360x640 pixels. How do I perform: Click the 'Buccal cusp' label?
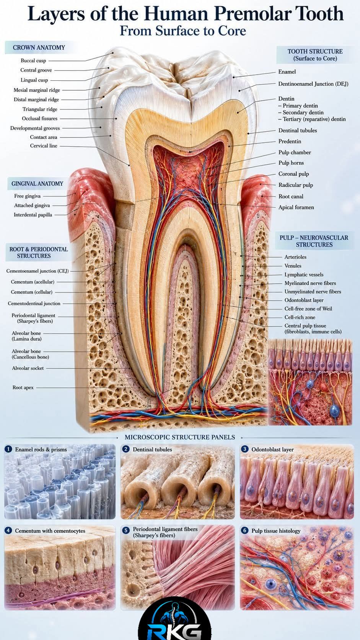[33, 60]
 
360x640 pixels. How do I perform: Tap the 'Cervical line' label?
[44, 146]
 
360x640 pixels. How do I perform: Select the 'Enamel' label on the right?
[287, 72]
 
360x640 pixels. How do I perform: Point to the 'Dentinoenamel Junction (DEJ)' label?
[313, 84]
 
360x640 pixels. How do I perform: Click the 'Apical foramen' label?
[296, 207]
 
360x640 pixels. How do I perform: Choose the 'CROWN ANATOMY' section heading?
[39, 47]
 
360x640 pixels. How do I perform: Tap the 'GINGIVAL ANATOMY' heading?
[37, 184]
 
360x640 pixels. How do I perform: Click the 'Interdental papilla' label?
[33, 215]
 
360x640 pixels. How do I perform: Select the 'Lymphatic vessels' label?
[304, 274]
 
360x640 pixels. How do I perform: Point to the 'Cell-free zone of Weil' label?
[308, 309]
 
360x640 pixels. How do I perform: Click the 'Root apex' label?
[23, 388]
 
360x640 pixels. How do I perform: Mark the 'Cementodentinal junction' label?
[34, 304]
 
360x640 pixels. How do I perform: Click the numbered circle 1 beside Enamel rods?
[8, 449]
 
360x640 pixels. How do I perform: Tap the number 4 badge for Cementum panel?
[8, 531]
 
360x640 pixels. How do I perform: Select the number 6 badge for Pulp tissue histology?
[245, 531]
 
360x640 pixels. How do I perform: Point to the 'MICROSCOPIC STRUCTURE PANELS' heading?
[180, 438]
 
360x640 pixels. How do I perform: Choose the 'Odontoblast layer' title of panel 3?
[272, 449]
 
